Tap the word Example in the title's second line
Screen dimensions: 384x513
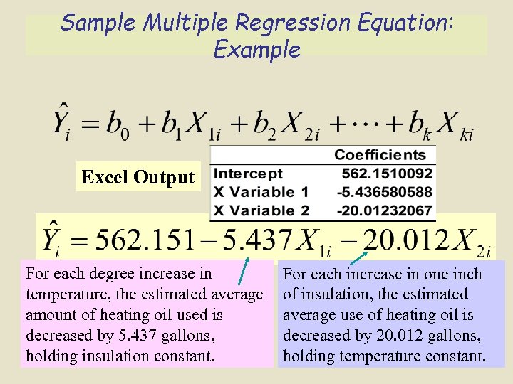pyautogui.click(x=256, y=50)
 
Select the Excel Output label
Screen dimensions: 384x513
pyautogui.click(x=138, y=177)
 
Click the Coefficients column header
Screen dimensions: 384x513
pyautogui.click(x=380, y=155)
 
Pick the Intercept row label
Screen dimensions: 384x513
pyautogui.click(x=248, y=174)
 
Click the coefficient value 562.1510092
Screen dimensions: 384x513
pyautogui.click(x=386, y=174)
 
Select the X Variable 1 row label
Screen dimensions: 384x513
pyautogui.click(x=261, y=192)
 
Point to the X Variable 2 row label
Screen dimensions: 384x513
pyautogui.click(x=261, y=210)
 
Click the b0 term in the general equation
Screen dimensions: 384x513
pyautogui.click(x=117, y=127)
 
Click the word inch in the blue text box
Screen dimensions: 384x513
pyautogui.click(x=468, y=274)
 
